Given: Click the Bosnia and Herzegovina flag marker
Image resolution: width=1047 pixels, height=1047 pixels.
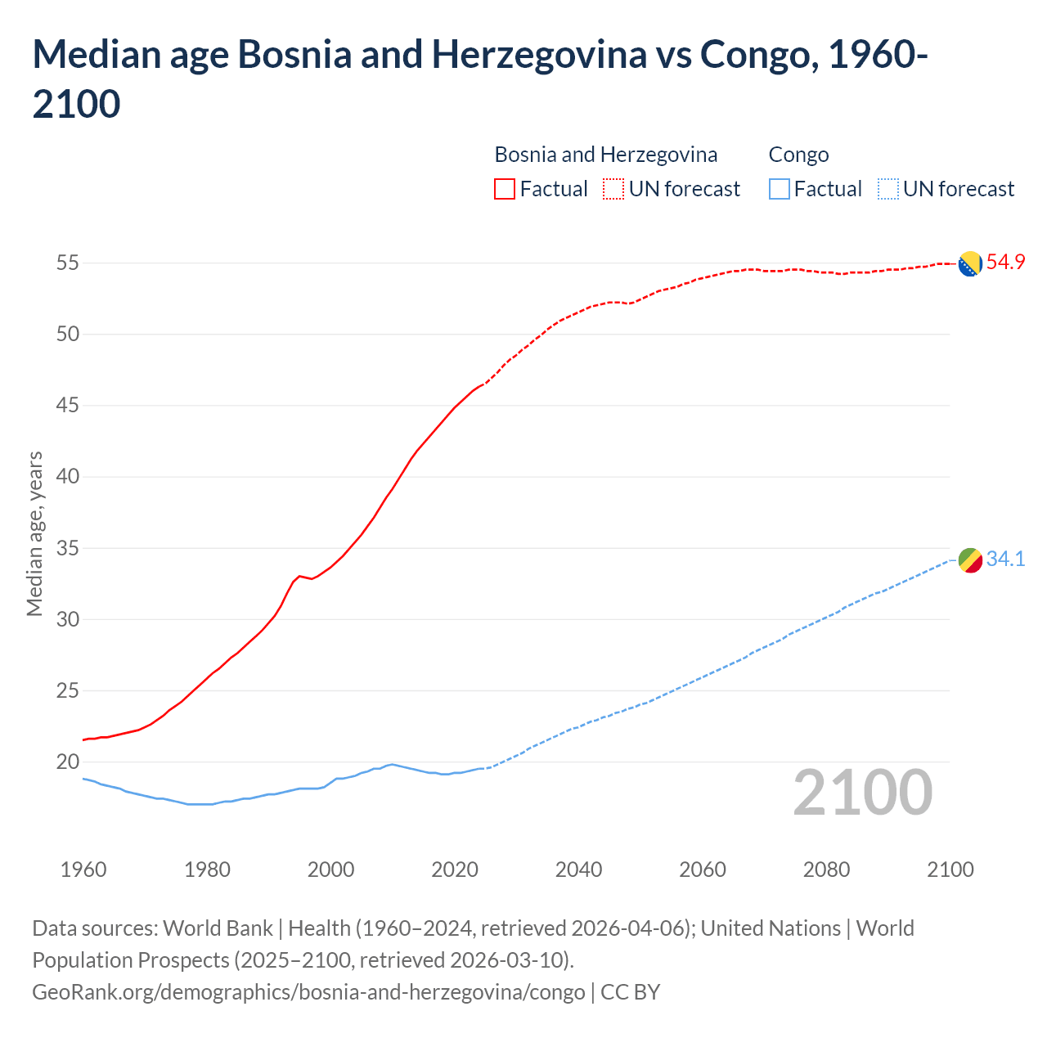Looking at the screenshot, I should (970, 264).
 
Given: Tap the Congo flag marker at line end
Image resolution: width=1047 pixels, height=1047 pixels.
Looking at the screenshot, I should (970, 560).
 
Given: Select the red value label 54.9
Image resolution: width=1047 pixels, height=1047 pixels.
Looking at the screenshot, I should (1005, 263).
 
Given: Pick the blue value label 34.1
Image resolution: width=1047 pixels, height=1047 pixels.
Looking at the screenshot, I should (1005, 559).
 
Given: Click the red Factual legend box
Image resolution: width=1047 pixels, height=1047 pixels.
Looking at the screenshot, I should (505, 189).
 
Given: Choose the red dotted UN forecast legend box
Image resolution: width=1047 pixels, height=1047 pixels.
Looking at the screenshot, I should (613, 189).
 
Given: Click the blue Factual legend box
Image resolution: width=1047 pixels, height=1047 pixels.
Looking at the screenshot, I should (780, 189).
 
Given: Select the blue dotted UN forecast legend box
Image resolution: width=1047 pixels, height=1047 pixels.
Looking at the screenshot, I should (887, 189).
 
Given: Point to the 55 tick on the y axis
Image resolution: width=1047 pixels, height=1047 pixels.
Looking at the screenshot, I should (68, 263).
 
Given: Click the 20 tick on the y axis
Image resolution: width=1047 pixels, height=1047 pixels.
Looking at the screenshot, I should (68, 762).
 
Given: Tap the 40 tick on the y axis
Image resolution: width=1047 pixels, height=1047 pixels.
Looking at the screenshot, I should (68, 476).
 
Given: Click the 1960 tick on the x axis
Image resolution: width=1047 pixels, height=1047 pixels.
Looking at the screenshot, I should (83, 870).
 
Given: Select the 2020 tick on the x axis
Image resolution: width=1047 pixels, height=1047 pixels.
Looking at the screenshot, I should (455, 870).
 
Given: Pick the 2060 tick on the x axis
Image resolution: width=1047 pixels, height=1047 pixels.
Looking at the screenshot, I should (703, 870).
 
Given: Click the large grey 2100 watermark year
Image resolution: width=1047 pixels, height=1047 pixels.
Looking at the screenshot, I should (863, 792).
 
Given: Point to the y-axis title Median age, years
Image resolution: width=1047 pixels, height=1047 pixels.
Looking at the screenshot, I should (34, 533).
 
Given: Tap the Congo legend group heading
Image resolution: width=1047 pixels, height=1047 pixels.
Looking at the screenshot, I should (798, 155).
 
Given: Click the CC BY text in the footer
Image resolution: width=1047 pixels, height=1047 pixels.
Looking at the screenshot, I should (630, 992).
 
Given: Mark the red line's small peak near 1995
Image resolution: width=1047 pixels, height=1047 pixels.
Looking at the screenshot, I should (299, 576).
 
